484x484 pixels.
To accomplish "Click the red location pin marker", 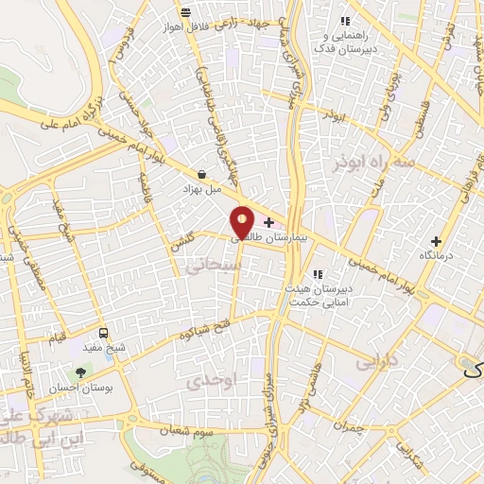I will (x=243, y=222).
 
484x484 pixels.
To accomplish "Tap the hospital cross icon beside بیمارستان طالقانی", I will (x=269, y=223).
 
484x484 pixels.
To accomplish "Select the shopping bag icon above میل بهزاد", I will (x=202, y=174).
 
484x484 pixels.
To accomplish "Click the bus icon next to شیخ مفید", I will (x=103, y=333).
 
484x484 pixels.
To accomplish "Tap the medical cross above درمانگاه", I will (x=436, y=241).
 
